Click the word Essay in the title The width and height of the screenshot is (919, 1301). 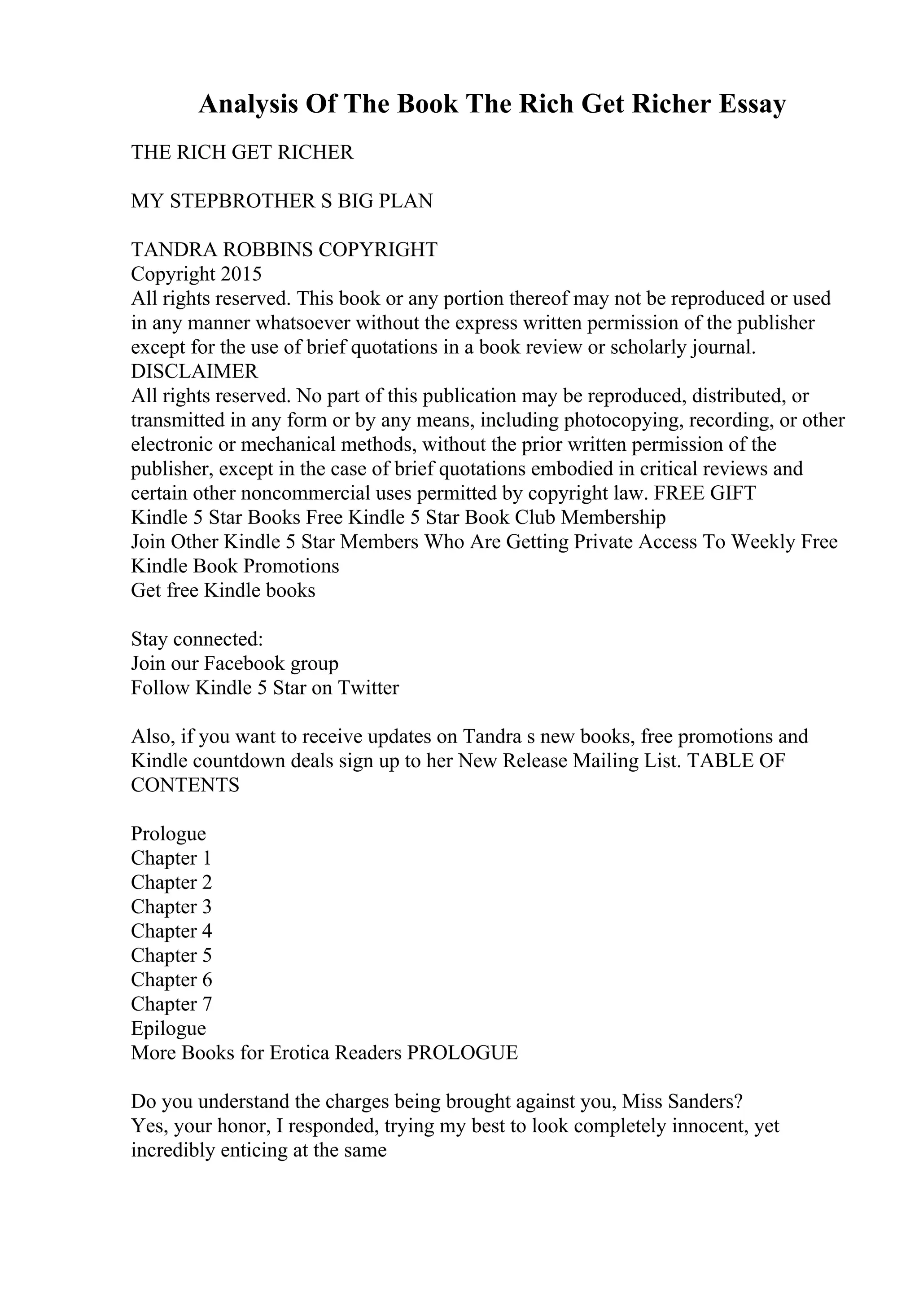[753, 105]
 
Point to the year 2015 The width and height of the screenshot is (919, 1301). [241, 274]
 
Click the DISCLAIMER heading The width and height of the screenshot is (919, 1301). [194, 371]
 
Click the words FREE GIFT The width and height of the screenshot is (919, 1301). [705, 493]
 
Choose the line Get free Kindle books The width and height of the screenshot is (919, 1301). [223, 590]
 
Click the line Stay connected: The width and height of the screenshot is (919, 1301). [197, 639]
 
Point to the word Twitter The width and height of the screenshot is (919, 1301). [368, 688]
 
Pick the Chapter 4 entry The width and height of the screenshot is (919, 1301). [171, 931]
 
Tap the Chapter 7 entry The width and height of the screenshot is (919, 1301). [171, 1004]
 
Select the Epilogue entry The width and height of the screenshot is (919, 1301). [168, 1028]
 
